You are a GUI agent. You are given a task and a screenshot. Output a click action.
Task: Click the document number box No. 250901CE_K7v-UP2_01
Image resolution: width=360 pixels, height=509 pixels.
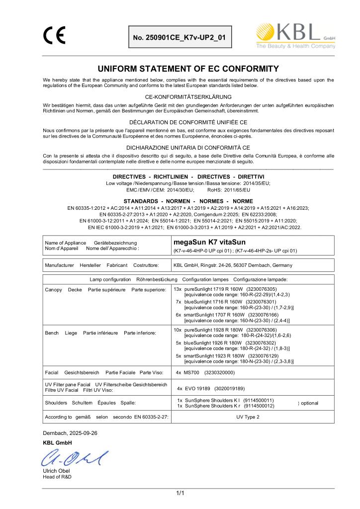click(x=180, y=37)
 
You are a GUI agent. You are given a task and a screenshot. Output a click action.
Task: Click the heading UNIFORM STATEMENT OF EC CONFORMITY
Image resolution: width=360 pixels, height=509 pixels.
click(x=180, y=69)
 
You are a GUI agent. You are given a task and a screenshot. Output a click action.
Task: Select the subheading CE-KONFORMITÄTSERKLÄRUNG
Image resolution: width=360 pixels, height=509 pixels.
click(x=180, y=96)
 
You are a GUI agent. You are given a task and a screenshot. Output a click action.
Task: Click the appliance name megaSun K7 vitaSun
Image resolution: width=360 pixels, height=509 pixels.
click(x=209, y=242)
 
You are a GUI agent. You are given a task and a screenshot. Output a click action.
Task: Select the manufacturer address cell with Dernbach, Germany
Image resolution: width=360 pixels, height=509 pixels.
click(x=233, y=265)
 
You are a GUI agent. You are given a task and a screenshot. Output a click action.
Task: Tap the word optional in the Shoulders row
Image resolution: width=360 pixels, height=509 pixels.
click(x=309, y=403)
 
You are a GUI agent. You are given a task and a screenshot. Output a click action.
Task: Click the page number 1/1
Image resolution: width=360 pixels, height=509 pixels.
click(x=180, y=493)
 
